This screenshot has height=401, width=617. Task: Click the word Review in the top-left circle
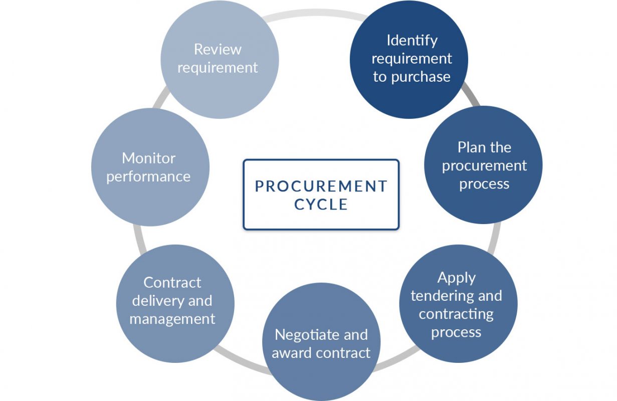click(218, 49)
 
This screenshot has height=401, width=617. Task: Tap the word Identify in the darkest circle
click(412, 41)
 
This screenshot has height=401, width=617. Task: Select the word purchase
click(421, 77)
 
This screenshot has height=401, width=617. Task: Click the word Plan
click(471, 147)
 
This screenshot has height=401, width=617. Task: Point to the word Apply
click(457, 278)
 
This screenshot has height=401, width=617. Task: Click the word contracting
click(456, 314)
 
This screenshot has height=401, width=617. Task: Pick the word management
click(172, 319)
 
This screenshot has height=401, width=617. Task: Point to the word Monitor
click(149, 158)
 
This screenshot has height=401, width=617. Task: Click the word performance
click(148, 177)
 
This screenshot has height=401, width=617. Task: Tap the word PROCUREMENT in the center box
click(321, 186)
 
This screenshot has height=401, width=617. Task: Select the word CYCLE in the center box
click(321, 205)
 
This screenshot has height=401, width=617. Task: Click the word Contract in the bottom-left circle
click(172, 283)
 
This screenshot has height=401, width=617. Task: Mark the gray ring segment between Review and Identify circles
click(314, 14)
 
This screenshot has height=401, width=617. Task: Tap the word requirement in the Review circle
click(218, 68)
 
